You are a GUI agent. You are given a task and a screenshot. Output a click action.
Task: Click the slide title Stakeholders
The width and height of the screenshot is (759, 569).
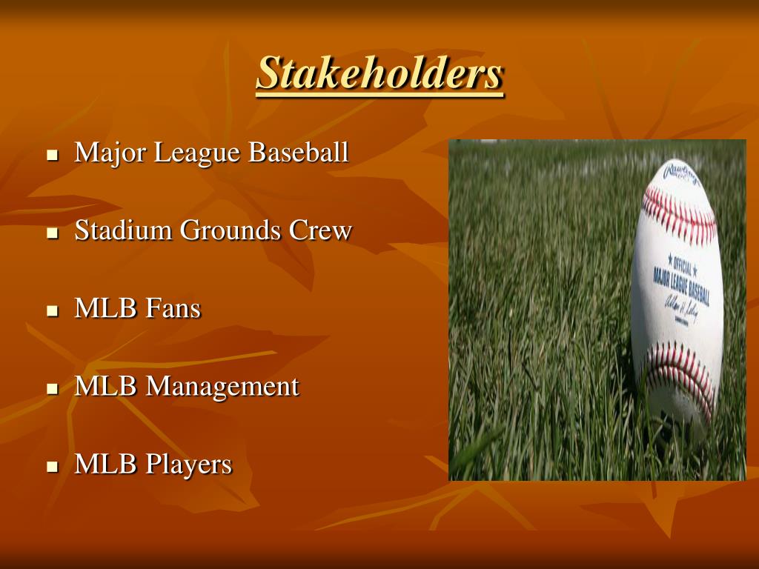[379, 73]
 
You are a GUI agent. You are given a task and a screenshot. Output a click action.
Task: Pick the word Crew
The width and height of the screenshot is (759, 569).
[320, 231]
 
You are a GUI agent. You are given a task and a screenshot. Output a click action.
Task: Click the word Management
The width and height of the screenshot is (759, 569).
[222, 387]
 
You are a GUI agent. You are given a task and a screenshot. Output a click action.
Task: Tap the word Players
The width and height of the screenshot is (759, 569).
[188, 465]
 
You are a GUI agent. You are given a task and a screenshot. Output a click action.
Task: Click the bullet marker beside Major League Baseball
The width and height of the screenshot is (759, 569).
[52, 156]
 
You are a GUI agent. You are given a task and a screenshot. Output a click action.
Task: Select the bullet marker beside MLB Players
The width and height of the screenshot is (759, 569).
[52, 467]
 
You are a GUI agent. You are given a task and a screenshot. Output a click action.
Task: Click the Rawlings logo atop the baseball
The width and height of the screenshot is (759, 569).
[682, 174]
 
